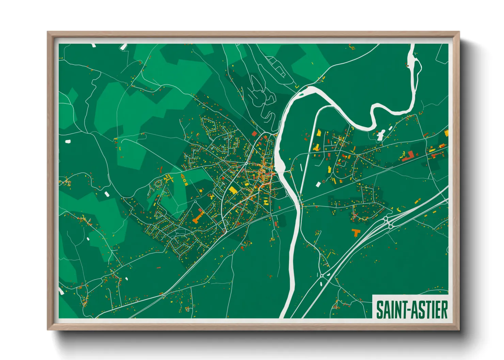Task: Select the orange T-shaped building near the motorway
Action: pos(356,233)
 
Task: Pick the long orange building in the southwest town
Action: pos(198,217)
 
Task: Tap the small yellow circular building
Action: pos(201,191)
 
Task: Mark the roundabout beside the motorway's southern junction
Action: pos(321,275)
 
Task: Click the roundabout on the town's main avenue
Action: pos(246,164)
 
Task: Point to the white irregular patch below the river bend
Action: pos(381,134)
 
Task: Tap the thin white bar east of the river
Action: pos(302,167)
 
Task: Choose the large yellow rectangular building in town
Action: pos(233,190)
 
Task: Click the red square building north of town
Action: pos(254,134)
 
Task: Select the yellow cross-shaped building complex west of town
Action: pos(168,178)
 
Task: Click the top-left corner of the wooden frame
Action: pos(48,32)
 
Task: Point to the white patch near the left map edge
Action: pos(67,141)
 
